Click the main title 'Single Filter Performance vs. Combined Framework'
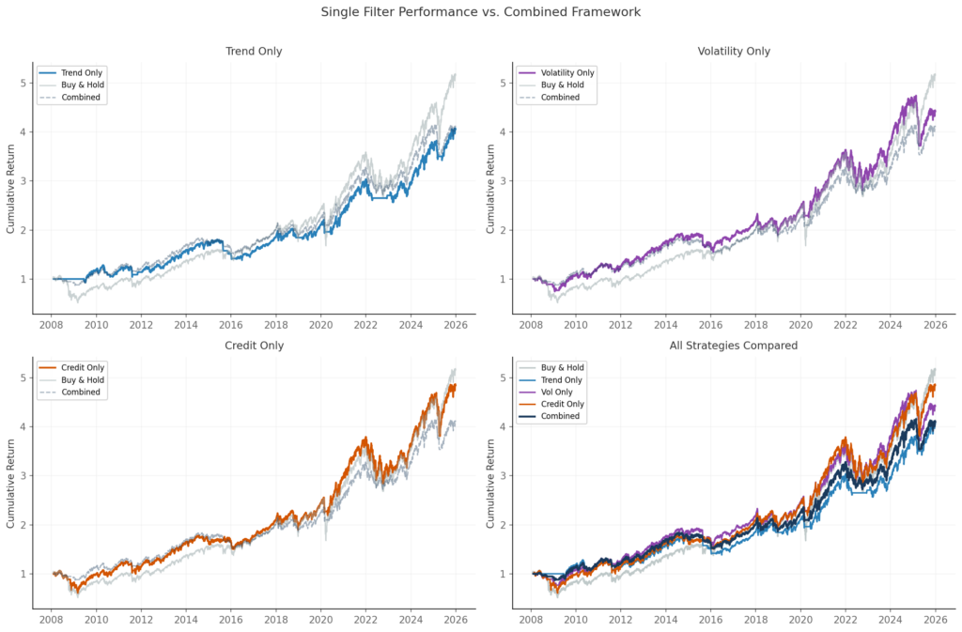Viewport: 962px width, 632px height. coord(480,12)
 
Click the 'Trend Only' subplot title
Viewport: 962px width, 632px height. coord(254,51)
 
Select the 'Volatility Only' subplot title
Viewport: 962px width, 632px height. coord(735,51)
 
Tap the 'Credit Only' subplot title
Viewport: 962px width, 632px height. coord(254,346)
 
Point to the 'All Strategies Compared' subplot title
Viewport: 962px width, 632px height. coord(735,346)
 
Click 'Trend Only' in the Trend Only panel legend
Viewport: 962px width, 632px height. coord(82,72)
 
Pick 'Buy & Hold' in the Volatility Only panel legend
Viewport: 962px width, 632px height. coord(564,85)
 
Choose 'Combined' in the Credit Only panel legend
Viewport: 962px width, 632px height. coord(81,392)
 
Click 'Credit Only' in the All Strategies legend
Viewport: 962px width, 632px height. coord(564,404)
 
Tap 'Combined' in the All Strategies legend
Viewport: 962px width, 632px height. coord(561,416)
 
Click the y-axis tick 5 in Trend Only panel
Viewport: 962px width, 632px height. coord(23,83)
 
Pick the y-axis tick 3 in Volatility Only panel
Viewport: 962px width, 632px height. coord(503,180)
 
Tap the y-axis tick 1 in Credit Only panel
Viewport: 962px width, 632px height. coord(23,574)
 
